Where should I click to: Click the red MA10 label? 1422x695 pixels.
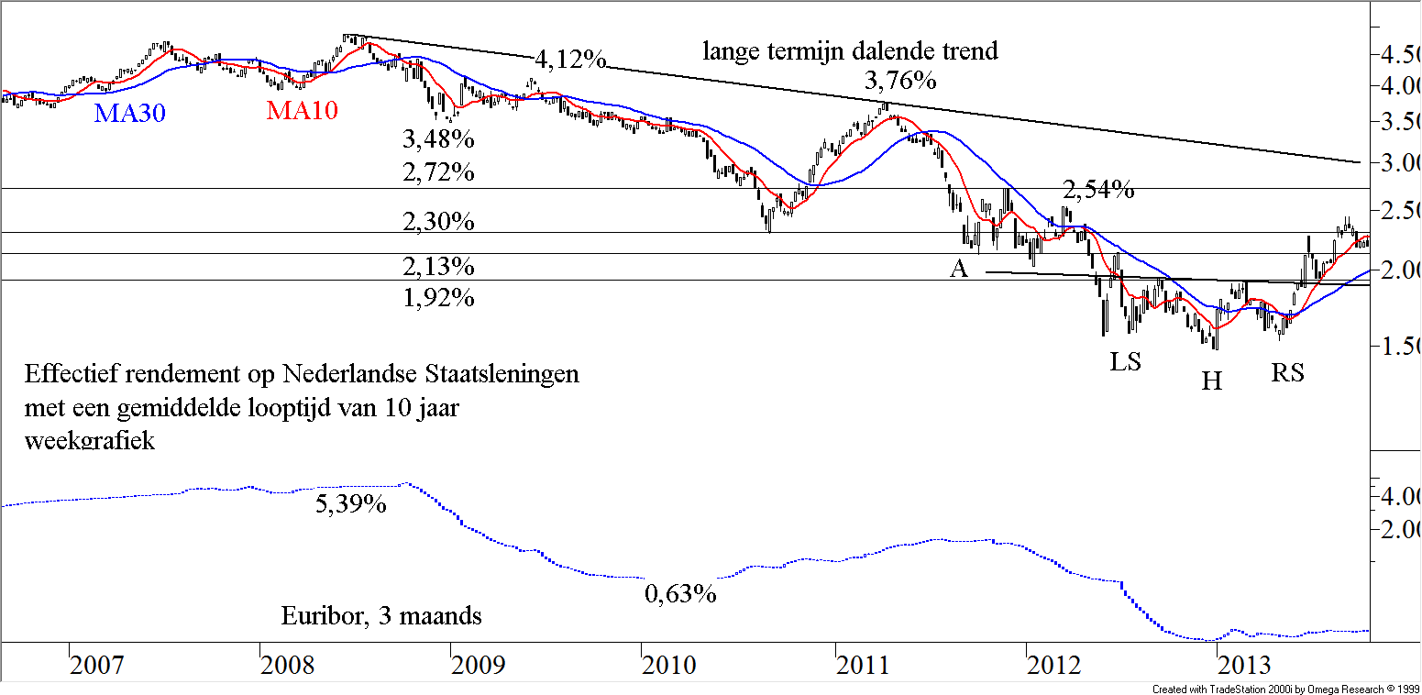click(x=302, y=111)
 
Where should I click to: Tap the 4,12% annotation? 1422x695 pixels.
click(x=569, y=61)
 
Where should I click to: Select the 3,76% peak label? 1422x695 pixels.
click(x=900, y=81)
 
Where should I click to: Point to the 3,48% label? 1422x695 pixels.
click(x=438, y=140)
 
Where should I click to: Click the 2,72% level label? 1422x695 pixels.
click(x=438, y=172)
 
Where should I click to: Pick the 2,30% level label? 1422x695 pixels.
click(x=438, y=221)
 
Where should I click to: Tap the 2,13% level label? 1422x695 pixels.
click(x=438, y=267)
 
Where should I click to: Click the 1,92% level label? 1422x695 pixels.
click(x=438, y=297)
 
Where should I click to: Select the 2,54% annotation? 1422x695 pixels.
click(x=1098, y=191)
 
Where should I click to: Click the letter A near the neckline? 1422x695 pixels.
click(x=959, y=268)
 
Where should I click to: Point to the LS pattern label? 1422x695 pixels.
click(x=1125, y=362)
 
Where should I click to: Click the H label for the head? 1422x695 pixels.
click(x=1212, y=381)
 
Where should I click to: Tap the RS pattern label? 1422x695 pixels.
click(x=1287, y=372)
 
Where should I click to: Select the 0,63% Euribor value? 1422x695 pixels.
click(x=679, y=594)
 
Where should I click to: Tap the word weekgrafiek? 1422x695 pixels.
click(x=90, y=440)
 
